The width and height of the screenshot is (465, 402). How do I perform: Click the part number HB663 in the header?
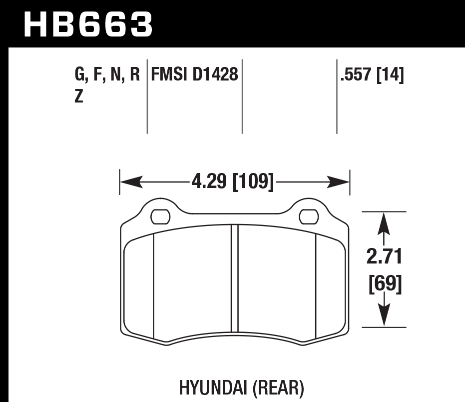tap(88, 24)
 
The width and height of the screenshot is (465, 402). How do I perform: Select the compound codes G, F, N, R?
tap(106, 76)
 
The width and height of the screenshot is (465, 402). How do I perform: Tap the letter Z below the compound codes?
tap(78, 96)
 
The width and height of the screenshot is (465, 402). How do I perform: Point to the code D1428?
tap(215, 76)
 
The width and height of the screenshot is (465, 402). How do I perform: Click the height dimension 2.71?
tap(384, 258)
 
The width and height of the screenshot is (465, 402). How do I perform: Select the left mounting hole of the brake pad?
tap(160, 216)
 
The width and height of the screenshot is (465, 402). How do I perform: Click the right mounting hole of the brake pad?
tap(309, 216)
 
